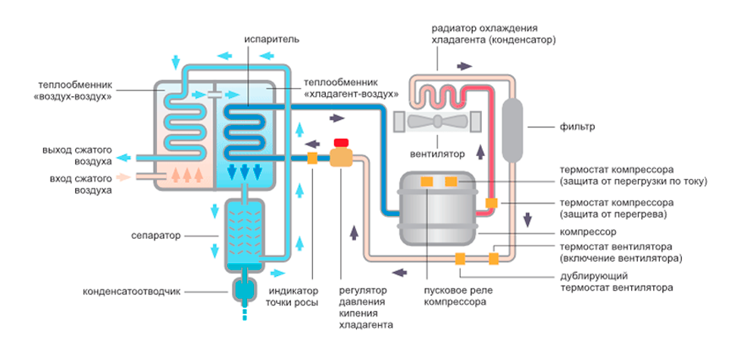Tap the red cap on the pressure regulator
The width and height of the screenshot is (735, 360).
point(341,142)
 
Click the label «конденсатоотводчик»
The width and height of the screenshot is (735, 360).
point(133,291)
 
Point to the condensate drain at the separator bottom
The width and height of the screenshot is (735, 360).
point(243,289)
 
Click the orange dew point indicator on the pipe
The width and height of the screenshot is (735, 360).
point(311,158)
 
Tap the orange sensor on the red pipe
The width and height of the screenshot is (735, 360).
point(491,203)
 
